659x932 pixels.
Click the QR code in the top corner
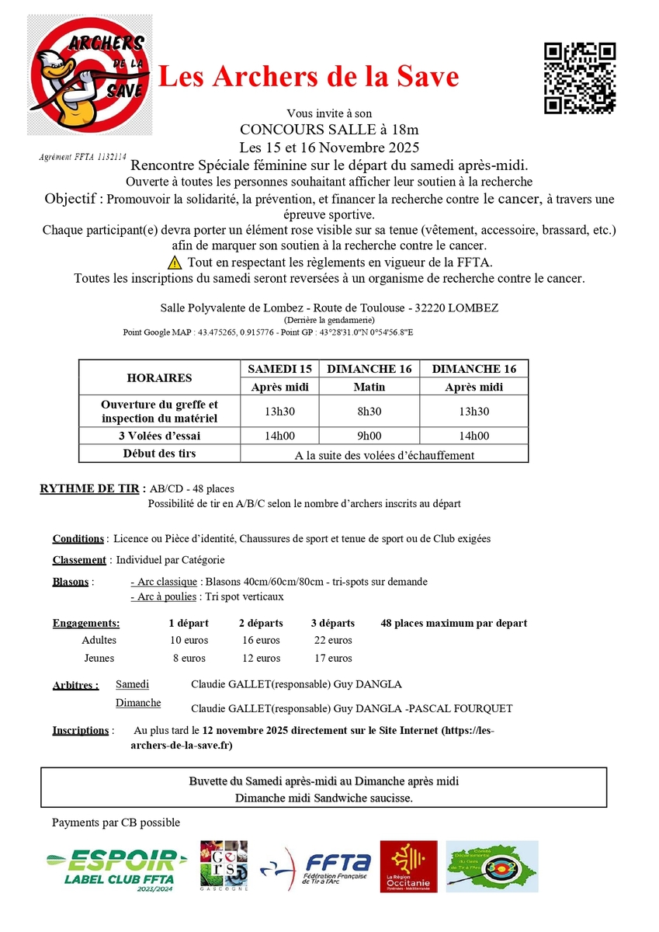click(580, 78)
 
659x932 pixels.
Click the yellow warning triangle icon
click(175, 263)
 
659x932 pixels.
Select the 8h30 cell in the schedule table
click(369, 411)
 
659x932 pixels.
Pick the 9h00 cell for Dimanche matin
click(369, 436)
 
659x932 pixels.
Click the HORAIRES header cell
click(159, 377)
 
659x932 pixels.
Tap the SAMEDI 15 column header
click(279, 368)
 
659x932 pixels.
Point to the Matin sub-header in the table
click(369, 387)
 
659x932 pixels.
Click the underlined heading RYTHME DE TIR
click(90, 489)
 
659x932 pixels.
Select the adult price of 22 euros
click(332, 640)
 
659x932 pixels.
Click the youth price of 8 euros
click(189, 658)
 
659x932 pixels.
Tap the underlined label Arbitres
click(75, 685)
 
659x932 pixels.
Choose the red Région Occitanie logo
click(408, 867)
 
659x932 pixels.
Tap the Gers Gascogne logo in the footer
click(224, 867)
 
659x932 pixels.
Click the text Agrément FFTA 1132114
click(83, 156)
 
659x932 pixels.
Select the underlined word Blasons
click(71, 582)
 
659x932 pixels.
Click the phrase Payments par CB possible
click(116, 822)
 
